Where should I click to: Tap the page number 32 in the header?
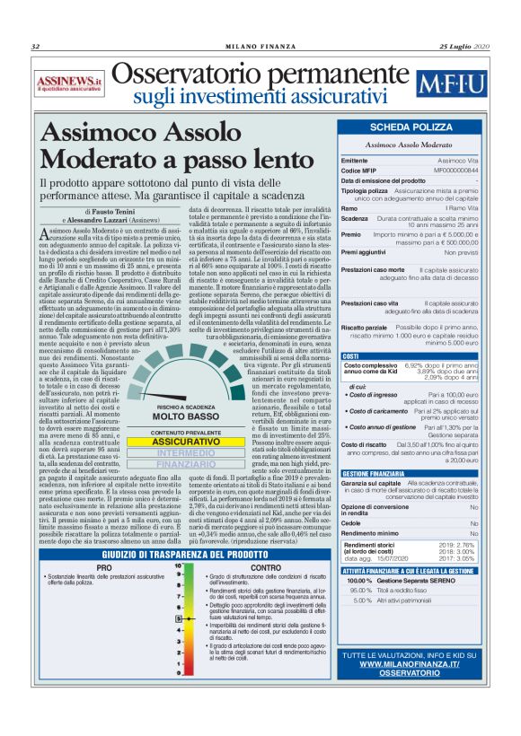tap(36, 47)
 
